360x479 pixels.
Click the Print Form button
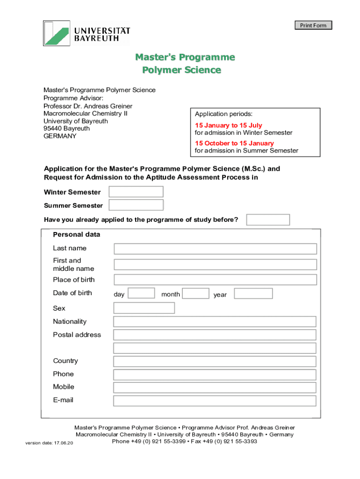[313, 25]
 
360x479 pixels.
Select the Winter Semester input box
[136, 192]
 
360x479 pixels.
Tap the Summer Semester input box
[136, 205]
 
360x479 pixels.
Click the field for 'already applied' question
[268, 220]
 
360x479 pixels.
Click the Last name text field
[215, 249]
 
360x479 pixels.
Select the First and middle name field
[215, 265]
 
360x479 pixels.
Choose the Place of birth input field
[215, 280]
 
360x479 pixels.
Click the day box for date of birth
[141, 293]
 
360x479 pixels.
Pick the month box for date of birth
[195, 293]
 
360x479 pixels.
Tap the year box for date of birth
[253, 293]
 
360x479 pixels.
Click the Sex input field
[144, 308]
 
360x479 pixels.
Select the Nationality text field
[215, 321]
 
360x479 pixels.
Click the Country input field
[215, 361]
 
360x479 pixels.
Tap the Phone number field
[215, 374]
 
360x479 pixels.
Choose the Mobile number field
[215, 387]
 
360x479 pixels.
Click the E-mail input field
[215, 401]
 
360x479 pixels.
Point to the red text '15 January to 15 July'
[229, 125]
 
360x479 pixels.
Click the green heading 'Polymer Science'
[181, 70]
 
